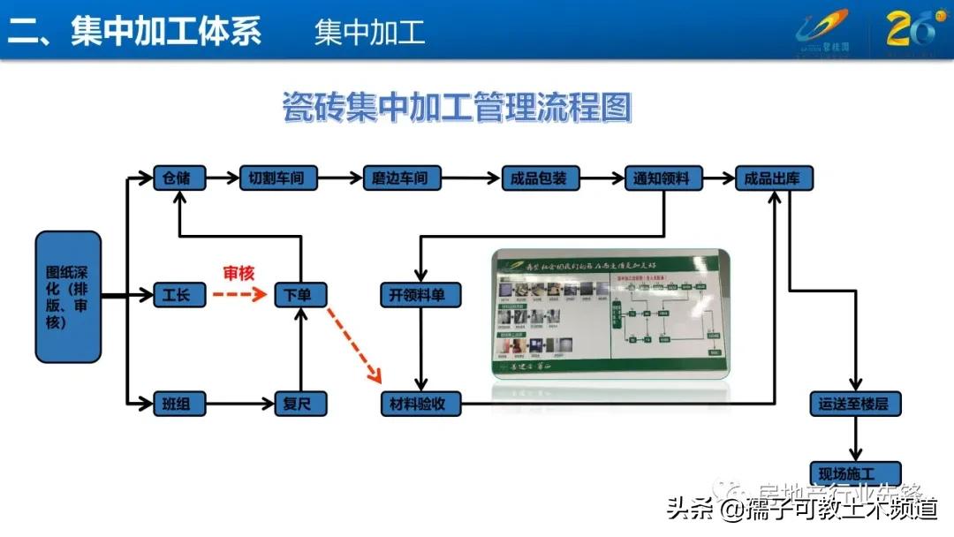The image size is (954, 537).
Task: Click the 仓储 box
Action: [178, 178]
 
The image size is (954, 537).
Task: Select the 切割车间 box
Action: [277, 178]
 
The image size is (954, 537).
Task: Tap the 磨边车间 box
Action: [401, 178]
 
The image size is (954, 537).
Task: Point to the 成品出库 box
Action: [774, 178]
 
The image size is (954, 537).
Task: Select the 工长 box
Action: [178, 295]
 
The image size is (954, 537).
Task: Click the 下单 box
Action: [300, 295]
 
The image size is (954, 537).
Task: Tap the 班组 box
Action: [178, 405]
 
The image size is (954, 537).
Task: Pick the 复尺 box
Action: [300, 405]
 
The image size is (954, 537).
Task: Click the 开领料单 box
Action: [420, 295]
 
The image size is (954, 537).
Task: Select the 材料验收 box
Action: [420, 405]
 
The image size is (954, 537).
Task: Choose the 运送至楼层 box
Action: [854, 405]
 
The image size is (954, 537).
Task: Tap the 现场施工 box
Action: [854, 473]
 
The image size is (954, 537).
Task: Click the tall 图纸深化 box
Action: [69, 297]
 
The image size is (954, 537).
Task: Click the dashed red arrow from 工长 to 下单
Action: [238, 295]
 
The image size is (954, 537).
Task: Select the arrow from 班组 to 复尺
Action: [238, 405]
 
